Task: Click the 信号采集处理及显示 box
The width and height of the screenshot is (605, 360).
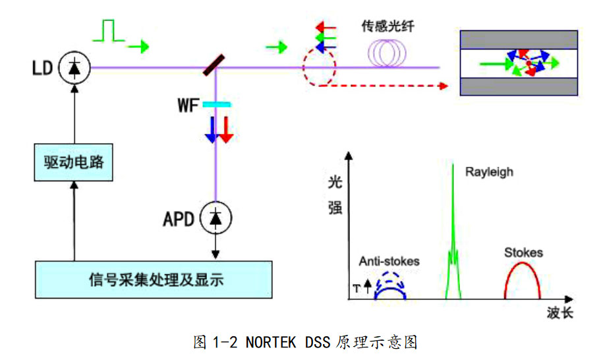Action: (x=154, y=280)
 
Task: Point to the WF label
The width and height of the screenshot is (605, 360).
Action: (x=188, y=105)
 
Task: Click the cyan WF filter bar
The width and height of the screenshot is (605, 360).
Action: (x=216, y=104)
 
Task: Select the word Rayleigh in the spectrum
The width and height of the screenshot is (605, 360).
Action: (x=488, y=172)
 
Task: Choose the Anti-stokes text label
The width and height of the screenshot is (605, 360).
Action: (x=389, y=261)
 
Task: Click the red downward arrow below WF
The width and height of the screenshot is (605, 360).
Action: (x=226, y=129)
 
